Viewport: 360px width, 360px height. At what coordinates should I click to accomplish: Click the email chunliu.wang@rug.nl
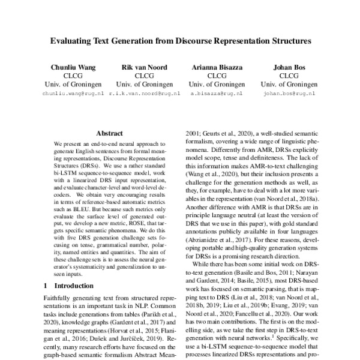(x=73, y=94)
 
